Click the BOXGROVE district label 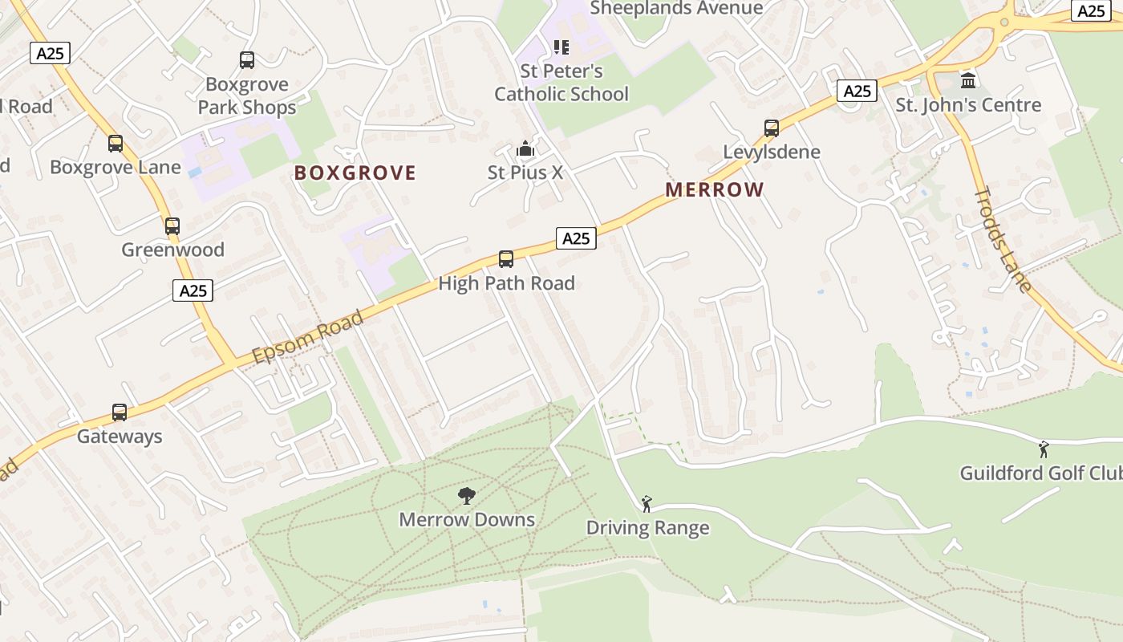point(355,173)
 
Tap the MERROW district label point(714,189)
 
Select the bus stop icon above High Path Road point(506,258)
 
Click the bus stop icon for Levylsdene point(771,128)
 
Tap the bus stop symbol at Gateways point(120,412)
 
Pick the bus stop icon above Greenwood point(172,226)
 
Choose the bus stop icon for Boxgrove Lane point(116,144)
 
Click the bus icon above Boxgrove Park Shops point(247,60)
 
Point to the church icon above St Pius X point(525,149)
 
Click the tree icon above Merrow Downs point(467,496)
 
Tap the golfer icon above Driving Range point(647,504)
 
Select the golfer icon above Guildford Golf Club point(1044,449)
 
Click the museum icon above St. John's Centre point(968,81)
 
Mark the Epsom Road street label point(308,337)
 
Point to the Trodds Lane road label point(1002,240)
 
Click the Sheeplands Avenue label point(676,8)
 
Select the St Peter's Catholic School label point(561,83)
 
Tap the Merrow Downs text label point(467,519)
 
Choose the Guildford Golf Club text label point(1041,473)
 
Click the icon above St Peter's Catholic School point(561,47)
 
